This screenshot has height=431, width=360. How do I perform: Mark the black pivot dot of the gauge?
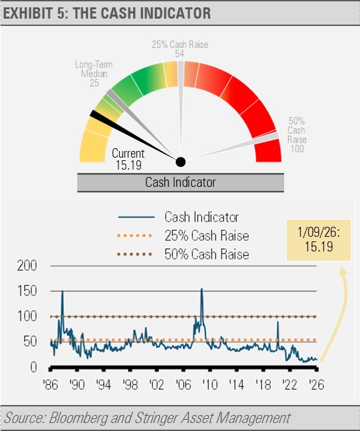[180, 162]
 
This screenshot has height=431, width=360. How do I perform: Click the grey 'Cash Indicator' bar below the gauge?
[180, 182]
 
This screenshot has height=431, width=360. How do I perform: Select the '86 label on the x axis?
[50, 385]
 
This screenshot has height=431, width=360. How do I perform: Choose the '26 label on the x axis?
[317, 385]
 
